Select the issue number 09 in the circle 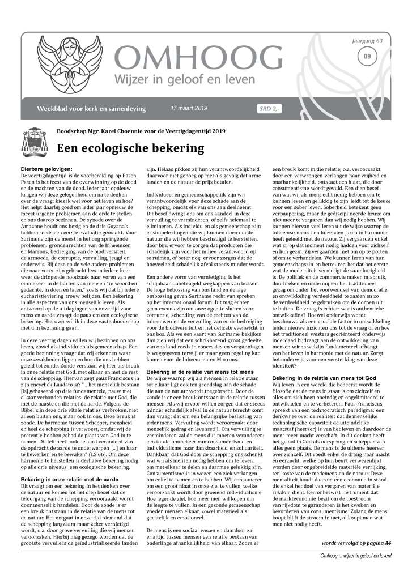point(368,56)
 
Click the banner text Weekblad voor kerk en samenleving point(91,108)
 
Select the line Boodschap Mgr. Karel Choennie point(141,131)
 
